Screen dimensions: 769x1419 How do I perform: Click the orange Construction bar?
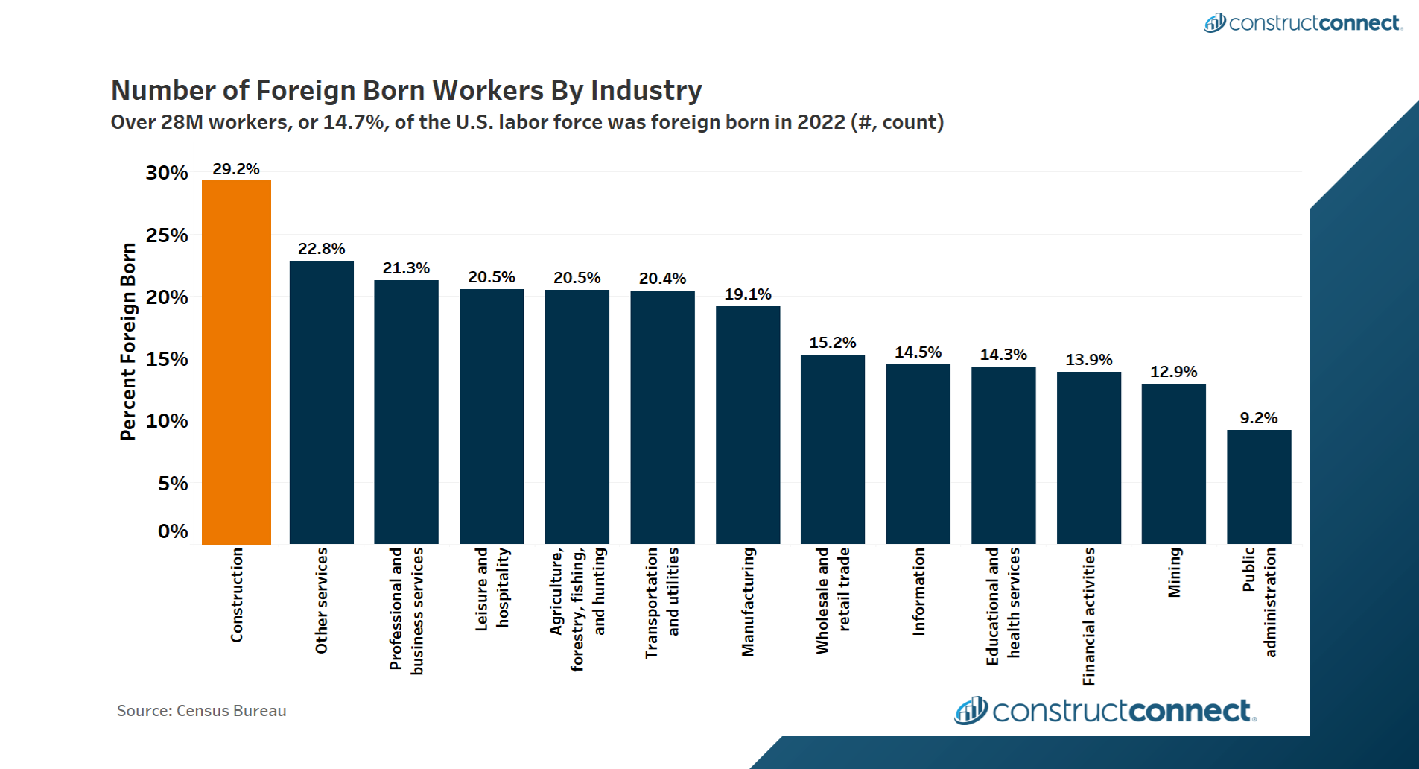tap(236, 362)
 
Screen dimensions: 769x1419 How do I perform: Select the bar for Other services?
tap(321, 402)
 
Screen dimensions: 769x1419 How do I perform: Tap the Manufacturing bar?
tap(748, 425)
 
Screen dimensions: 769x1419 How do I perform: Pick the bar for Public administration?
tap(1259, 487)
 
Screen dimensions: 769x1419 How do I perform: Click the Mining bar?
tap(1173, 463)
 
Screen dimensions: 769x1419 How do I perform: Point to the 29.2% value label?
tap(236, 169)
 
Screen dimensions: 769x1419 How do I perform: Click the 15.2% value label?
tap(833, 343)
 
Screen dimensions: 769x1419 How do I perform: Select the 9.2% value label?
tap(1258, 418)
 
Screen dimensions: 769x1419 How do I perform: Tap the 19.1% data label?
tap(748, 294)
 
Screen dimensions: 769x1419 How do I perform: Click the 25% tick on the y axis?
tap(167, 235)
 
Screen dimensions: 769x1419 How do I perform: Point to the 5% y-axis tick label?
tap(173, 484)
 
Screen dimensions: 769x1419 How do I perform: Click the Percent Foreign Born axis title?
tap(128, 341)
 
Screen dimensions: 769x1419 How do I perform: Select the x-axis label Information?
tap(918, 592)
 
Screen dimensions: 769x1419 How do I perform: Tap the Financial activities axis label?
tap(1089, 616)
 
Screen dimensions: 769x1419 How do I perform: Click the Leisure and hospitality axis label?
tap(492, 589)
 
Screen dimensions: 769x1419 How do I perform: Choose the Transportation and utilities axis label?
tap(662, 602)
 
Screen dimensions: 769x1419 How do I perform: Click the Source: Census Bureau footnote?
tap(201, 711)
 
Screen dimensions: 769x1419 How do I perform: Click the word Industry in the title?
tap(646, 90)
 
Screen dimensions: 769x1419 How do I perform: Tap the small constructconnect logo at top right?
tap(1303, 23)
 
